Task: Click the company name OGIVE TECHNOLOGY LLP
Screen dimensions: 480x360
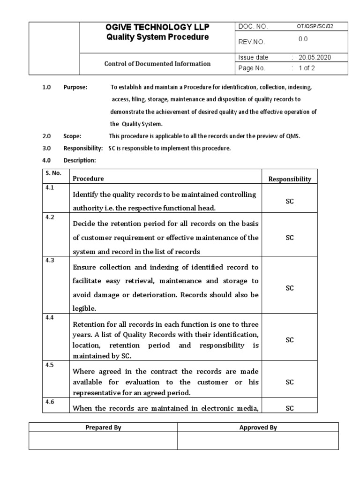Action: pos(157,28)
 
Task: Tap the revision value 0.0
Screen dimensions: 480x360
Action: pos(303,40)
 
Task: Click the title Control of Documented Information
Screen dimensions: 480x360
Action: pos(157,64)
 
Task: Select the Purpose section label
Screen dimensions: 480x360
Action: pos(75,87)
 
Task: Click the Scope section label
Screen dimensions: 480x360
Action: pos(72,136)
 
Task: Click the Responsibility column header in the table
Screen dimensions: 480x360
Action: pos(289,179)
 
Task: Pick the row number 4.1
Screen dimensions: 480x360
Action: pos(49,187)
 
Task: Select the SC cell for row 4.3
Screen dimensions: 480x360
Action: pos(289,288)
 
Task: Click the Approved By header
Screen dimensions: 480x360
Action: pos(258,427)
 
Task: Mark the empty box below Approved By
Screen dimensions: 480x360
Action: pos(258,441)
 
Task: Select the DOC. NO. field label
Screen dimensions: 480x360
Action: pos(253,27)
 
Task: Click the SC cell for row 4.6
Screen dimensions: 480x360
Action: pos(289,408)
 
